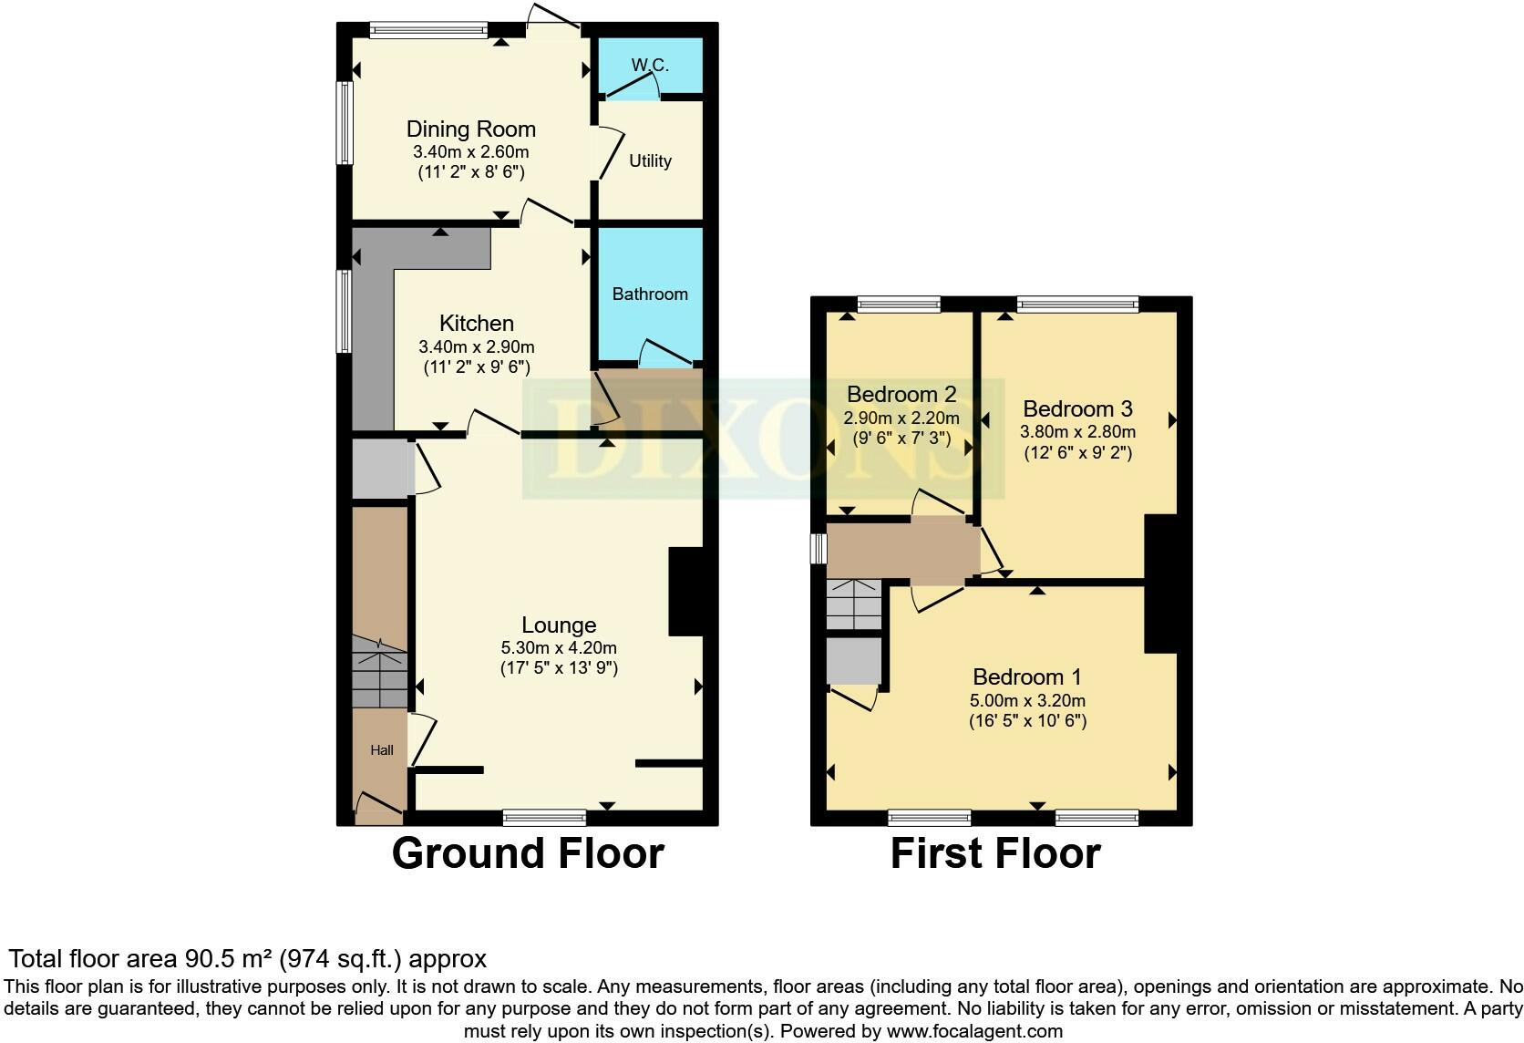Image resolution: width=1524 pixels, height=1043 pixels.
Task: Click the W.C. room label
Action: pyautogui.click(x=650, y=65)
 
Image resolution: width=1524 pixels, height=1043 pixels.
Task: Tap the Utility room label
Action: pyautogui.click(x=650, y=161)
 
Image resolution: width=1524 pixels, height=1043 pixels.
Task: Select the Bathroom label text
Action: pyautogui.click(x=650, y=294)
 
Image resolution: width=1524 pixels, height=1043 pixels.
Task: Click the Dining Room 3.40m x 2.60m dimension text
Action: pyautogui.click(x=471, y=151)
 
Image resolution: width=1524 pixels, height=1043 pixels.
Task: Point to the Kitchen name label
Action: pyautogui.click(x=476, y=323)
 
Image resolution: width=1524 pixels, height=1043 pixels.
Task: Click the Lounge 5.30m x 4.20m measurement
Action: pyautogui.click(x=559, y=647)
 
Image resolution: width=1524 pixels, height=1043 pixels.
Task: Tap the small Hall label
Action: pyautogui.click(x=382, y=750)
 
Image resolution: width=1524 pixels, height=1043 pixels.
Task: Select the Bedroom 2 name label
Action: pyautogui.click(x=901, y=394)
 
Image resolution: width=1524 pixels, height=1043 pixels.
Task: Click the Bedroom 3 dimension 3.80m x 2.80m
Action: pyautogui.click(x=1077, y=431)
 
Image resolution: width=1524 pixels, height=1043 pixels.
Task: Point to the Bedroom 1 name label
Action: pyautogui.click(x=1026, y=677)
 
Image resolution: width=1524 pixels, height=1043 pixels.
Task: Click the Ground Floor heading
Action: pyautogui.click(x=528, y=853)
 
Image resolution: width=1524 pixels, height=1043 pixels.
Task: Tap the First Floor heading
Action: pyautogui.click(x=995, y=853)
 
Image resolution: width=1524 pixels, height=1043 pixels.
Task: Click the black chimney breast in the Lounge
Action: pyautogui.click(x=685, y=592)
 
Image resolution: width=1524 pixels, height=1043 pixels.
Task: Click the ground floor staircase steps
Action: pyautogui.click(x=380, y=673)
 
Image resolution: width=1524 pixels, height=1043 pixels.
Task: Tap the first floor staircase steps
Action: pyautogui.click(x=854, y=604)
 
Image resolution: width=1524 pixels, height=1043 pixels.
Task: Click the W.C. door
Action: pyautogui.click(x=633, y=87)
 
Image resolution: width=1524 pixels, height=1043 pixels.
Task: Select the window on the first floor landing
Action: pyautogui.click(x=819, y=549)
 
